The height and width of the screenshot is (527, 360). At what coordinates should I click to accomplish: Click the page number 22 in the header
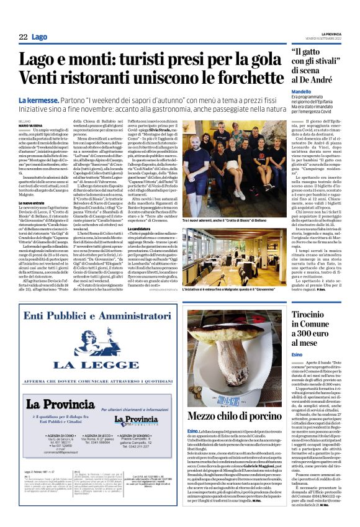tap(23, 37)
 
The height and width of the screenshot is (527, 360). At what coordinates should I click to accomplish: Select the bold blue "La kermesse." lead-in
tap(39, 101)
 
